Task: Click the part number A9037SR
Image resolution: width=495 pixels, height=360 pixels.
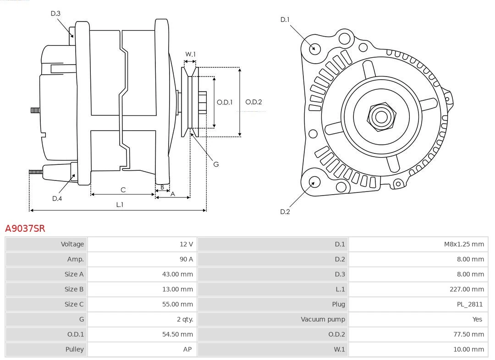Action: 25,228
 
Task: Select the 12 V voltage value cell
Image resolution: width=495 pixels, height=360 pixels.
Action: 186,244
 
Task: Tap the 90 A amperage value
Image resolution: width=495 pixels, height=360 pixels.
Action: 186,259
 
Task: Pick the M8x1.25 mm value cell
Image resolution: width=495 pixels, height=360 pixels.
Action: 463,244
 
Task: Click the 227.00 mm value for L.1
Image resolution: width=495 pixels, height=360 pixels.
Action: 467,289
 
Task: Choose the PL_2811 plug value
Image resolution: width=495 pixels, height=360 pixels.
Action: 469,304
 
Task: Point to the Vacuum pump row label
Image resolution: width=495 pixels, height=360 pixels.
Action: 323,319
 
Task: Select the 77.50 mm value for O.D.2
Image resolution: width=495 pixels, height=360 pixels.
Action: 468,334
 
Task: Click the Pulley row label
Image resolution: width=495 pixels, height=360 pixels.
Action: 74,349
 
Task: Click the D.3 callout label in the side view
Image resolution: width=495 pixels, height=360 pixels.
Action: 55,14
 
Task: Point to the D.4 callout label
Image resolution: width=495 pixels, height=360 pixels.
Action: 57,198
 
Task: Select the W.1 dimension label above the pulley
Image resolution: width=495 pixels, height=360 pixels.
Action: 190,54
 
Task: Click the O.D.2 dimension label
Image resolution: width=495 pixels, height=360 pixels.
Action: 253,102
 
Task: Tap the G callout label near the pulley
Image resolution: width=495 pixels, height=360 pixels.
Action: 216,164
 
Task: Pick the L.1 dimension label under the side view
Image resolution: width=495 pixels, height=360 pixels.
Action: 119,205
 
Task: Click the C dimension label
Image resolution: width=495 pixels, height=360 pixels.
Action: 123,190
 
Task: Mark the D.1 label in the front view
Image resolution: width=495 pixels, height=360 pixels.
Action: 285,19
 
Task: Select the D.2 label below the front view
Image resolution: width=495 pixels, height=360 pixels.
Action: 285,212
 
